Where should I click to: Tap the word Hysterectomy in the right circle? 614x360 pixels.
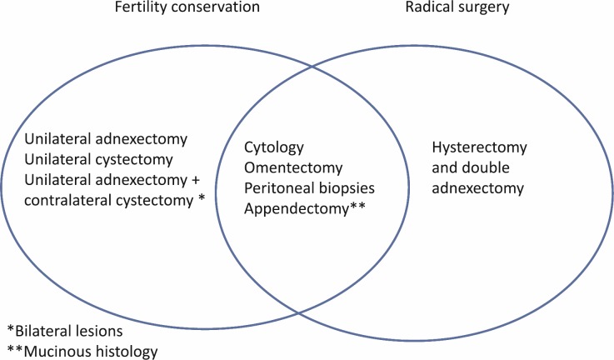pos(479,147)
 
